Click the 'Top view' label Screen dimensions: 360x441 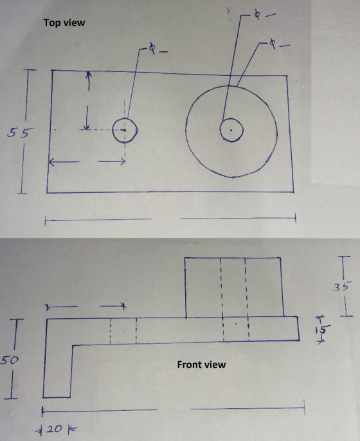click(x=64, y=22)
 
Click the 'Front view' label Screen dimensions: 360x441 click(x=201, y=364)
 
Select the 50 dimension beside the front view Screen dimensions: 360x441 click(x=10, y=360)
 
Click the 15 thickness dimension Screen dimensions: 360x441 click(x=323, y=329)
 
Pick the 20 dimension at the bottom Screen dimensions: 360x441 click(x=55, y=429)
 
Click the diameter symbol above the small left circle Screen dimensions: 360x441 click(x=152, y=48)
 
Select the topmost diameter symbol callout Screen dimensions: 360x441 click(x=257, y=14)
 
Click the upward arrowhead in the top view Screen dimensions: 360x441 click(x=89, y=75)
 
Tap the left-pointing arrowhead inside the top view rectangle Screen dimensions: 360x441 click(x=52, y=162)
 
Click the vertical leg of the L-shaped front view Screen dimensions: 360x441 click(x=57, y=372)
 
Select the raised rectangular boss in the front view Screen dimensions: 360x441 click(x=233, y=287)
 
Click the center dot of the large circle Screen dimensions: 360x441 click(x=231, y=130)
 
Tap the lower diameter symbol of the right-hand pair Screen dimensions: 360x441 click(x=272, y=43)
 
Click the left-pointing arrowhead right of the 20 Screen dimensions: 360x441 click(x=72, y=429)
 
